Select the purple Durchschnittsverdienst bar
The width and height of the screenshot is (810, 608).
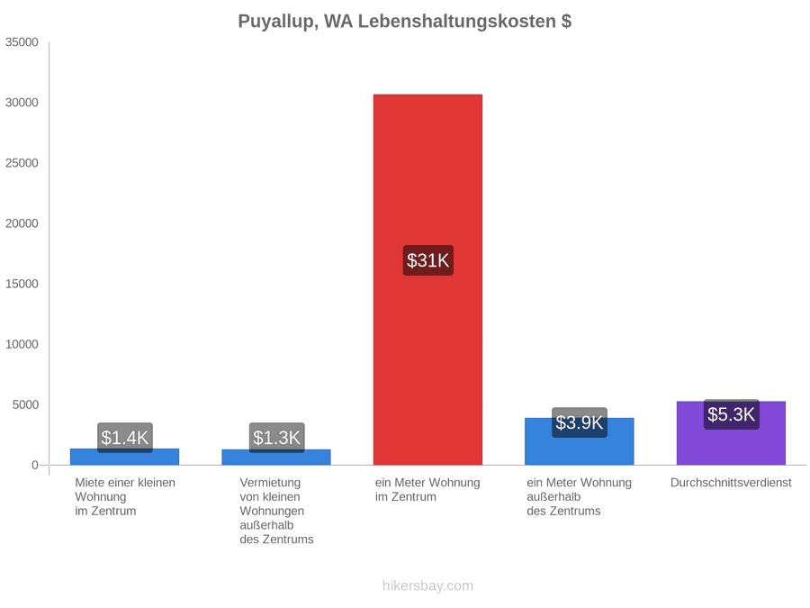point(731,433)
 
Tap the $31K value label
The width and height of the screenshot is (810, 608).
point(427,260)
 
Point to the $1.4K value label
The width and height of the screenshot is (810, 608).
point(124,438)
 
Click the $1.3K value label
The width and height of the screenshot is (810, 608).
point(276,438)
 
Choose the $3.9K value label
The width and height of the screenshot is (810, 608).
point(579,422)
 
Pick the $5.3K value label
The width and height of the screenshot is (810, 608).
point(731,414)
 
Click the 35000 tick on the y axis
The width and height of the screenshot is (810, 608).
point(22,42)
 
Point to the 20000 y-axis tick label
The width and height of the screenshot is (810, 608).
point(22,223)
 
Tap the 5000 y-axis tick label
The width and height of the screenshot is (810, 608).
point(25,404)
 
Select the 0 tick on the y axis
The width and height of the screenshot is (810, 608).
point(35,466)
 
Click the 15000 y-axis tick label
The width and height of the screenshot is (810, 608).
point(22,284)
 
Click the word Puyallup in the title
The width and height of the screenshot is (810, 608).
point(278,22)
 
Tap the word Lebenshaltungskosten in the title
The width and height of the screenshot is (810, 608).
point(456,22)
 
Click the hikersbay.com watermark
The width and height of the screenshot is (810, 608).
point(427,585)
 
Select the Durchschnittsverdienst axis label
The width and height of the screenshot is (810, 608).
point(731,483)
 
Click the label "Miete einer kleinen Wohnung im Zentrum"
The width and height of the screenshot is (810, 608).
point(125,497)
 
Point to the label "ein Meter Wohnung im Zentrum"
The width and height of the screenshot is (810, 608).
point(427,490)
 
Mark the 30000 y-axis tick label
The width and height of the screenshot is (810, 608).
point(22,103)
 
